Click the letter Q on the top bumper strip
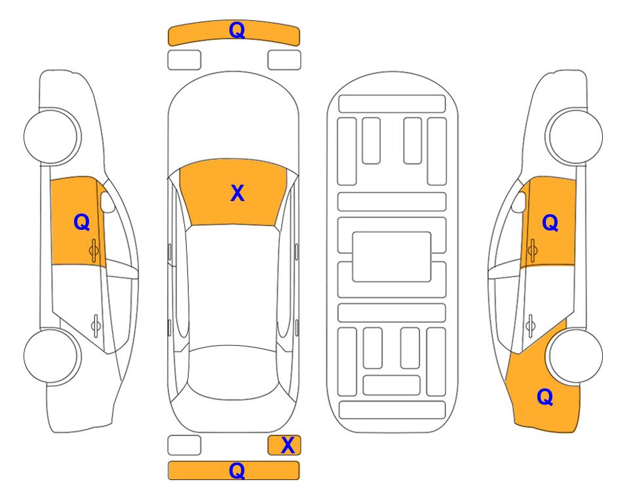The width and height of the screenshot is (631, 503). coord(237,30)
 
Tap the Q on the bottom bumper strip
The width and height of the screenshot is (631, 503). coord(237,470)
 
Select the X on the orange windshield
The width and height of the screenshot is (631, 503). coord(237,193)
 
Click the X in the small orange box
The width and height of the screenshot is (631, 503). coord(288,445)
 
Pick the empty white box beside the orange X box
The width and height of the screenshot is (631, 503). coord(184,445)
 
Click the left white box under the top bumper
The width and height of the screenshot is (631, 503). coord(184,60)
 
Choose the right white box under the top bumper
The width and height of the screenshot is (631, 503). coord(284,60)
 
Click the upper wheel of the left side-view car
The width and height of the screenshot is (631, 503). coord(52,136)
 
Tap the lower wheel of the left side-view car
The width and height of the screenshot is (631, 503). coord(52,356)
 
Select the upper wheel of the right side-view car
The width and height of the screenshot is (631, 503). coord(575,136)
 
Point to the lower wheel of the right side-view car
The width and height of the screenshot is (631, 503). coord(575,356)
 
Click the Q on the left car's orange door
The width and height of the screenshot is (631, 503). coord(82,222)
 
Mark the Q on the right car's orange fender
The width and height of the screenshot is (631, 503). coord(545,397)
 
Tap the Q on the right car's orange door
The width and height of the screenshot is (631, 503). coord(550,223)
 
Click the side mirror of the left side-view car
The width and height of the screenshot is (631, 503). coord(107,202)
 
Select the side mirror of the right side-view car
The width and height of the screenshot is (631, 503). coord(519,202)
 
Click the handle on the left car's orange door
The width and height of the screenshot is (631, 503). coord(94,250)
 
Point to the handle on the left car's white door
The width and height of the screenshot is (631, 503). coord(96,325)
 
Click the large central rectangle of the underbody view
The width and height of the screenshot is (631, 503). coord(392,257)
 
